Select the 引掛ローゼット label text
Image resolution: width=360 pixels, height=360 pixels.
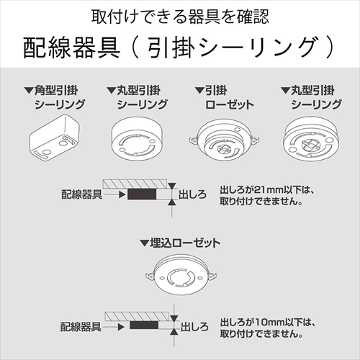[x=224, y=97]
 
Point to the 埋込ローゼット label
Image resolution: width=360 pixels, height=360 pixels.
[x=186, y=244]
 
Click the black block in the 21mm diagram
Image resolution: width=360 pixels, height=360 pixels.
[x=144, y=194]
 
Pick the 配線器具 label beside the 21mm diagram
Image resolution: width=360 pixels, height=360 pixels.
[x=81, y=194]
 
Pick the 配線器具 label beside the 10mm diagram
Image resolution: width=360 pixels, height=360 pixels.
[x=81, y=327]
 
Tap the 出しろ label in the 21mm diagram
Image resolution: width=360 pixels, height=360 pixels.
[x=193, y=194]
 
